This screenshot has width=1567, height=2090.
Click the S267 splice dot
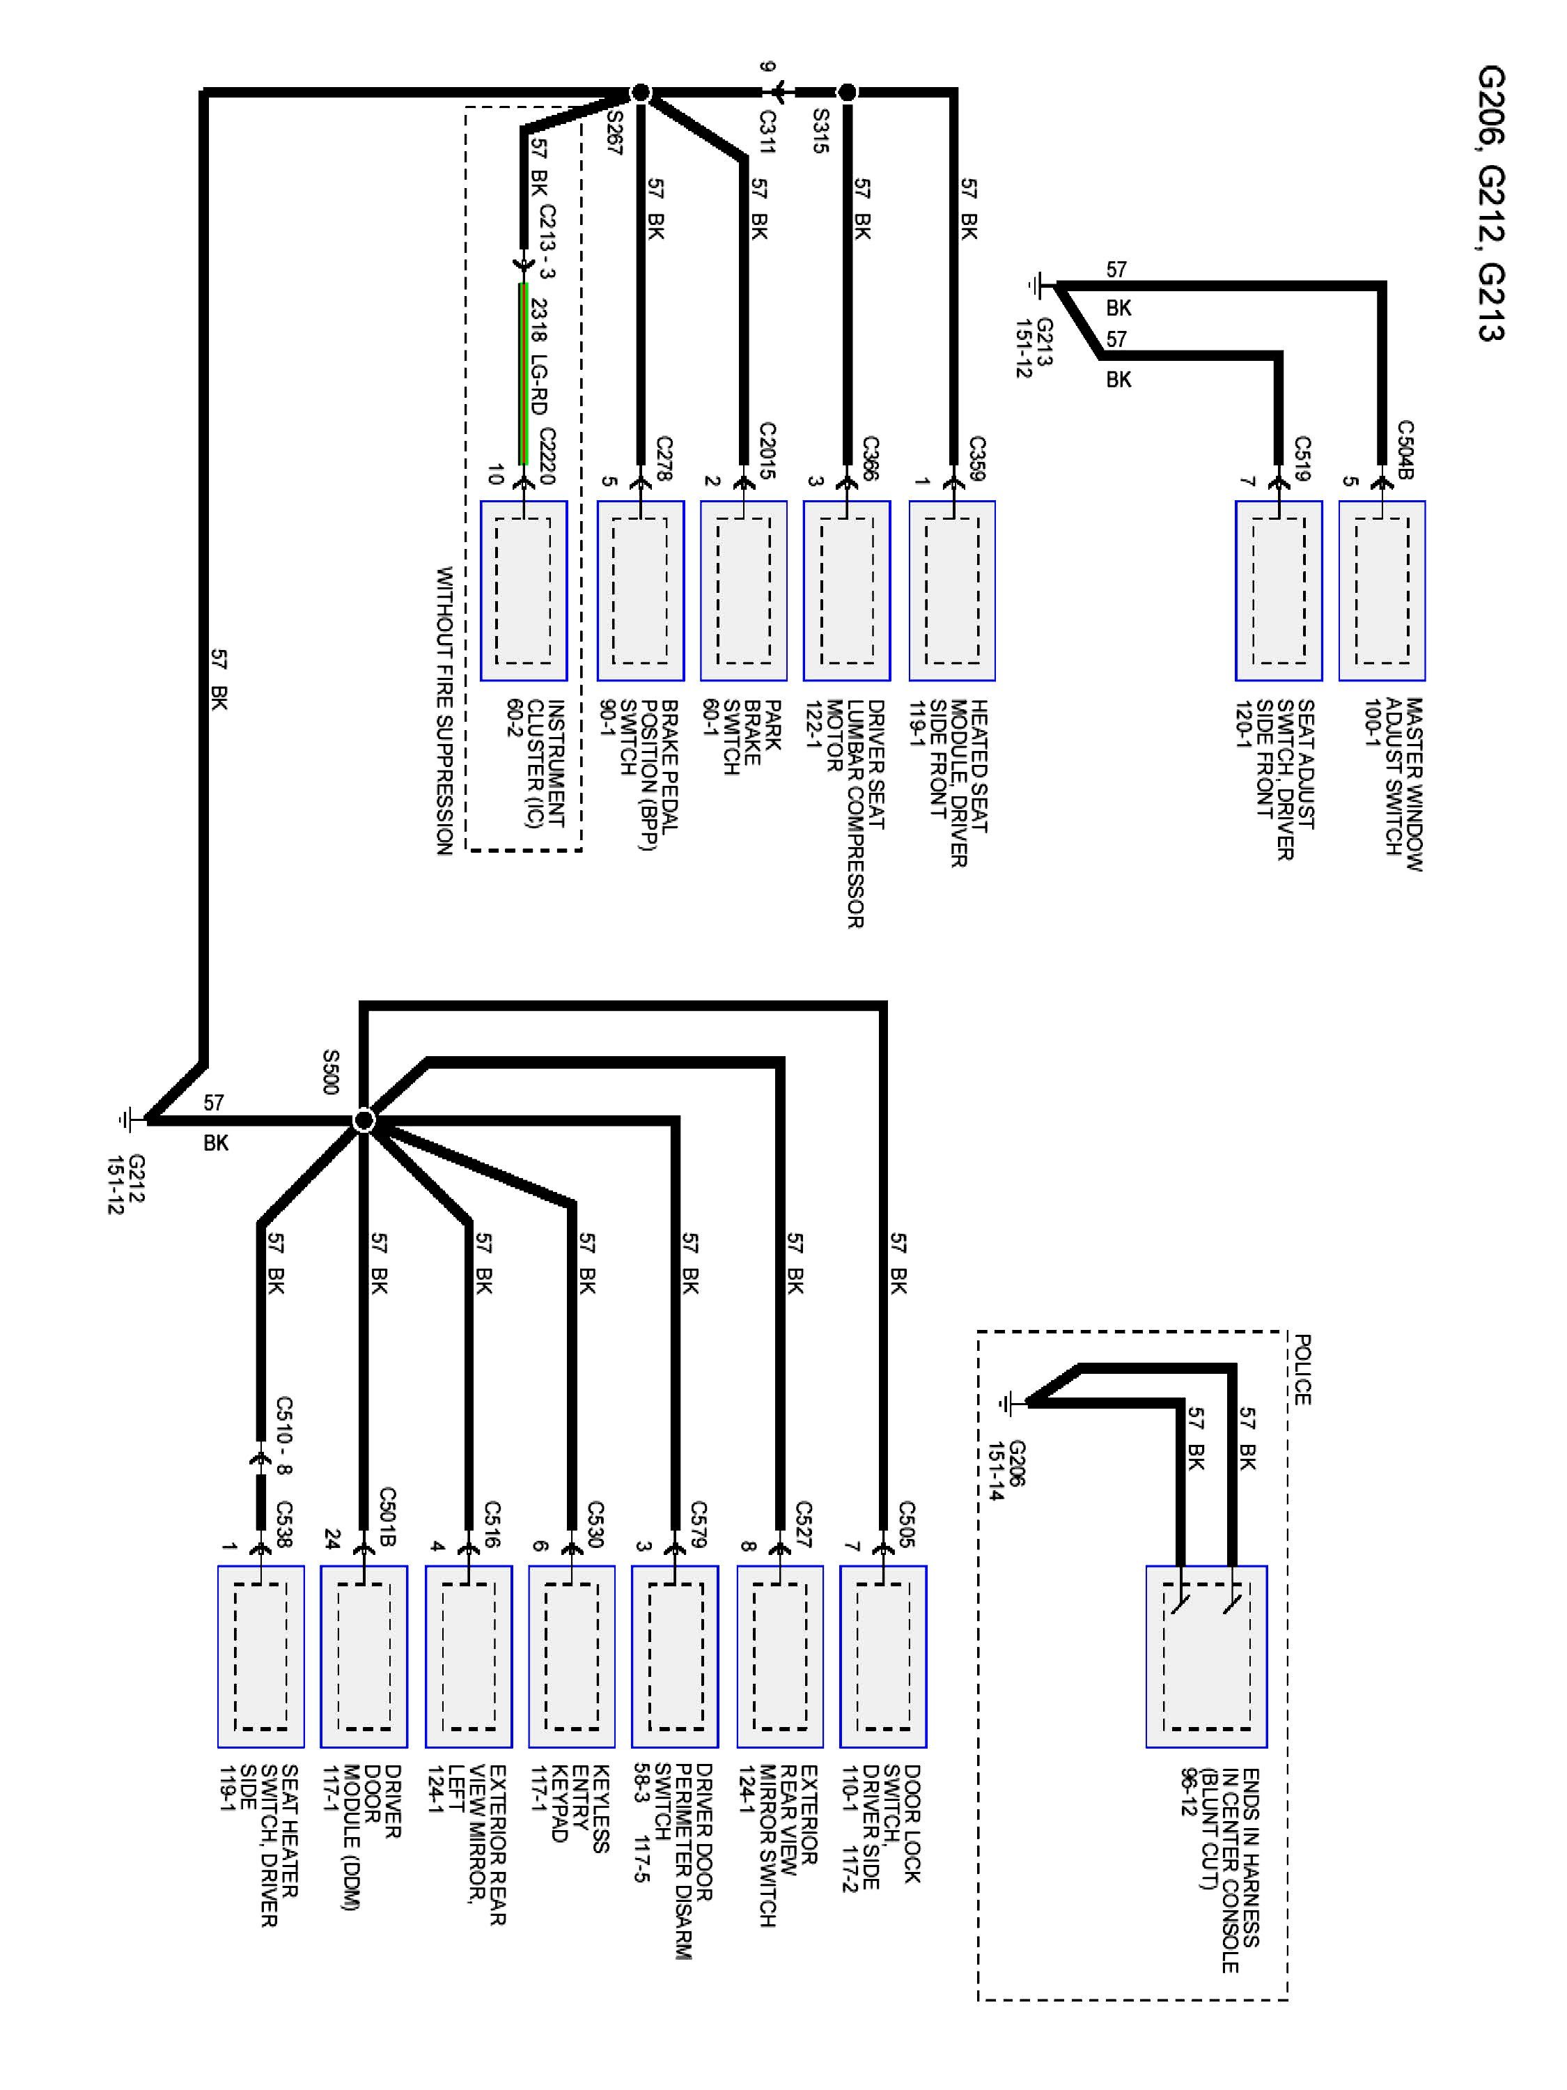tap(641, 93)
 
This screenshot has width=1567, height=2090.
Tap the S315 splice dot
tap(848, 93)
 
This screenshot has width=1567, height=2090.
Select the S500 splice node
tap(364, 1120)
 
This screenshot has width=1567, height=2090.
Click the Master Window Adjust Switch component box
tap(1381, 591)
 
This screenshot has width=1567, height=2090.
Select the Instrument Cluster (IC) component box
tap(523, 591)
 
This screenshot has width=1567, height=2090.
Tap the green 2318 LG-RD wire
tap(523, 373)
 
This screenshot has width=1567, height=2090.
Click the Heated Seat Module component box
tap(951, 591)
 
